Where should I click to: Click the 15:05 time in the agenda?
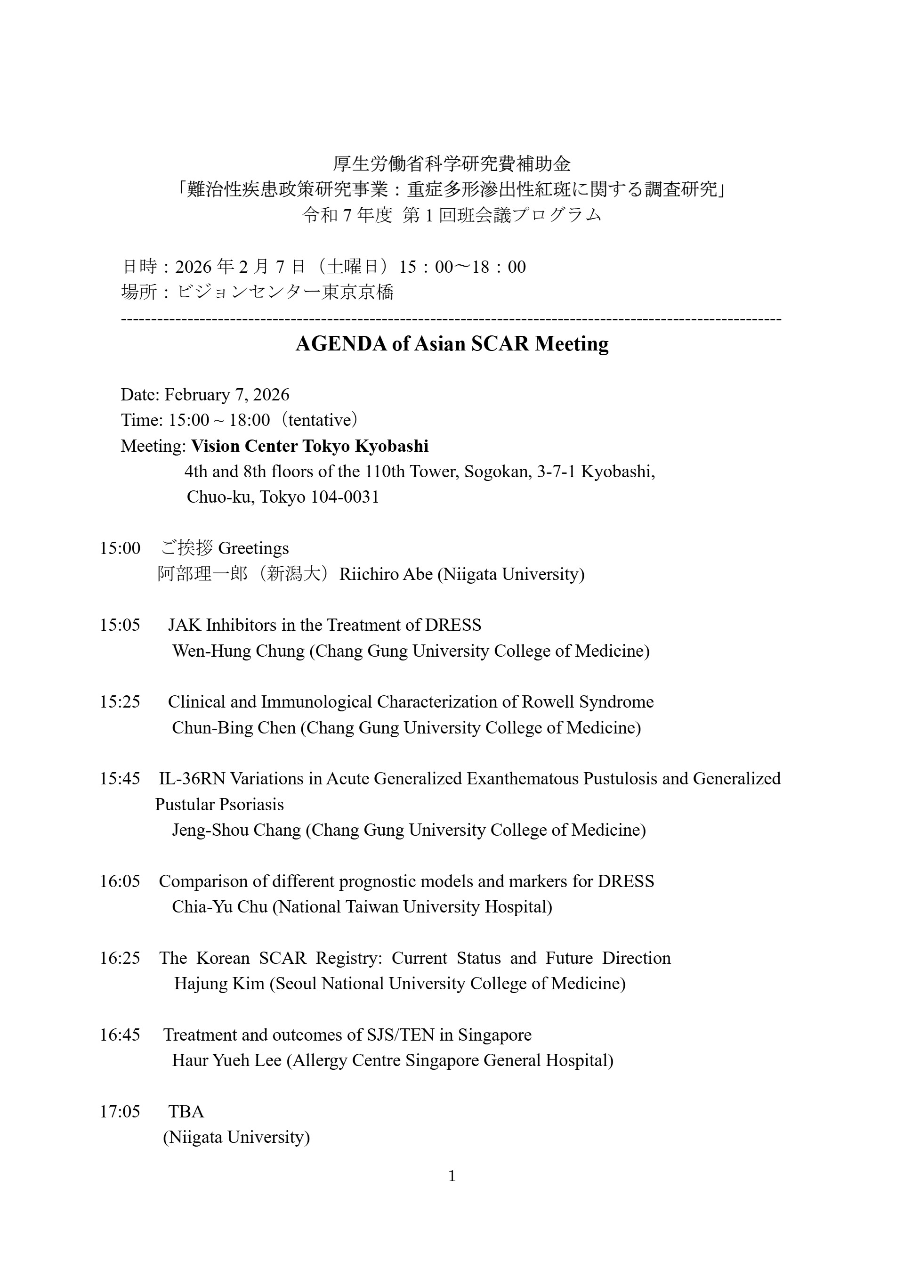coord(120,625)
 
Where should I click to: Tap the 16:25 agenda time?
coord(120,958)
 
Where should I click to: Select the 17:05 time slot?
coord(120,1112)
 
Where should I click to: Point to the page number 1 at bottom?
coord(452,1176)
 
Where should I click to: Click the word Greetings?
coord(253,548)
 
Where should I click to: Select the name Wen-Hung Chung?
coord(238,651)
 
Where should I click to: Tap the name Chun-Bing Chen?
coord(234,727)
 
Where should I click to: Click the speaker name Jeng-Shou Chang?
coord(236,830)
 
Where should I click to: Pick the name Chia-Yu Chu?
coord(219,907)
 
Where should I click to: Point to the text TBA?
coord(186,1112)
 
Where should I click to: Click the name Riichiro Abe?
coord(386,574)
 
